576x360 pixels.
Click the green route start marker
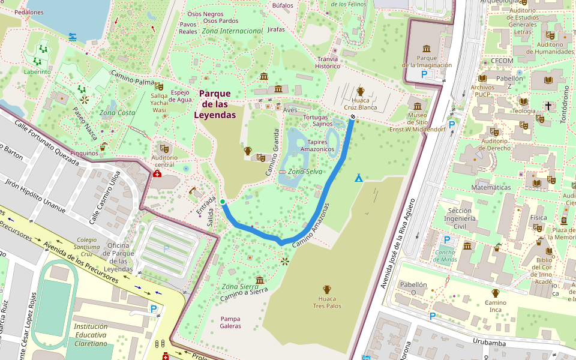coord(223,202)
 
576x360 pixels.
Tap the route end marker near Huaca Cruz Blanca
coord(353,117)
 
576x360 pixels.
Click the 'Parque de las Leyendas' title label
coord(215,104)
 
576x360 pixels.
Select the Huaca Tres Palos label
coord(327,302)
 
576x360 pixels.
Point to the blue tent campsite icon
coord(359,178)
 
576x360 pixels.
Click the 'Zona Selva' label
coord(305,172)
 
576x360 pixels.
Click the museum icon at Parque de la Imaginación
coord(427,49)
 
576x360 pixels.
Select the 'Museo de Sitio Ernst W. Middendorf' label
coord(417,122)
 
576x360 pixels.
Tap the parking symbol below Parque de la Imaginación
coord(424,74)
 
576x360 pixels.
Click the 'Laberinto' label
coord(37,71)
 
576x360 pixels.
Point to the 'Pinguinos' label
coord(84,153)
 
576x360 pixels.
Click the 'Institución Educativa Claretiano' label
coord(91,335)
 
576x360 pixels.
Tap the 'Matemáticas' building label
coord(491,187)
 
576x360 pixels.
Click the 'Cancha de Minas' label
coord(445,255)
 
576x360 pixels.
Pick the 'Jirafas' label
coord(276,29)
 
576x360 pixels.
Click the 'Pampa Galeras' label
coord(230,322)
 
